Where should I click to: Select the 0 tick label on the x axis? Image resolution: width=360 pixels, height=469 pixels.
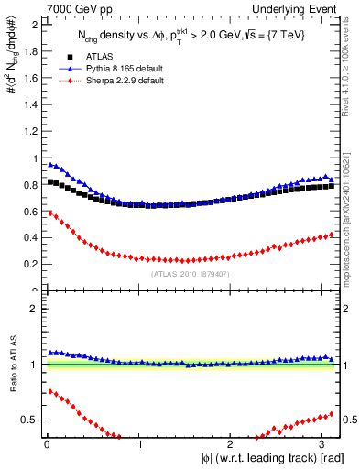(x=47, y=443)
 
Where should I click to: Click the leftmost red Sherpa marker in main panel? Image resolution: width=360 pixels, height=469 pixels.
(x=50, y=213)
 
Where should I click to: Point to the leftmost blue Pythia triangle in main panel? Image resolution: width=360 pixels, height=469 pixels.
(x=50, y=165)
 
